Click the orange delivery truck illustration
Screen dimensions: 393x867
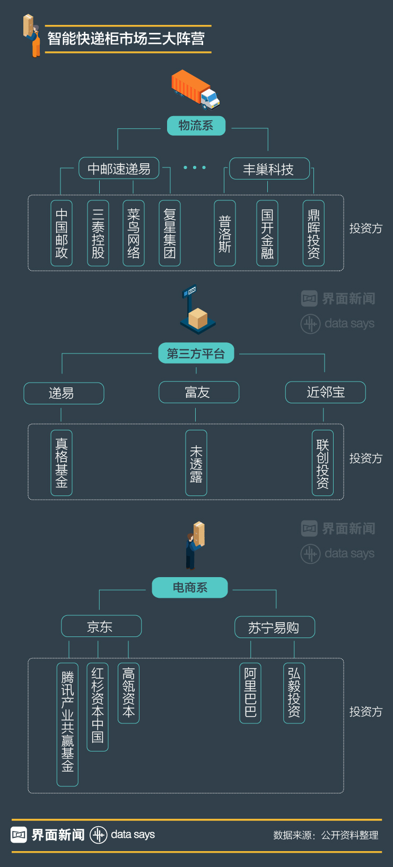point(195,90)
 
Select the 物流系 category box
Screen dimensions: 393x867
point(196,126)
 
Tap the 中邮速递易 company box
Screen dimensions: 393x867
point(119,169)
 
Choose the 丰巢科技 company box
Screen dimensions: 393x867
point(269,169)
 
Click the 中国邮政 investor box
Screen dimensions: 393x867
point(62,233)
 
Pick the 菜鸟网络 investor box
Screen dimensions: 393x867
point(134,233)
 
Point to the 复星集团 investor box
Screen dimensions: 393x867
point(170,233)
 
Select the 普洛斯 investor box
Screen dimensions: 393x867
point(225,233)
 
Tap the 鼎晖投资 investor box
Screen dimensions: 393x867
point(313,233)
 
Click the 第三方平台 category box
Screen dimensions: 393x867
point(196,353)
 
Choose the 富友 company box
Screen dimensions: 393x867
point(199,392)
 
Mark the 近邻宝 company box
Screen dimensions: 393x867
point(326,392)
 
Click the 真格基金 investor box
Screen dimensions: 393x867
point(62,463)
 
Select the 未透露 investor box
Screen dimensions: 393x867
point(196,463)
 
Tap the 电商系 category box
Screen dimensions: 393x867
point(190,588)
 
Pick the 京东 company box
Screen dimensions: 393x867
point(101,626)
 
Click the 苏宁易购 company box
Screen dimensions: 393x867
point(275,627)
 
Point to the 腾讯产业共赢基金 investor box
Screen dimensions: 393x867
point(68,724)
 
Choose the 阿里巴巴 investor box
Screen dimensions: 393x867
point(250,693)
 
